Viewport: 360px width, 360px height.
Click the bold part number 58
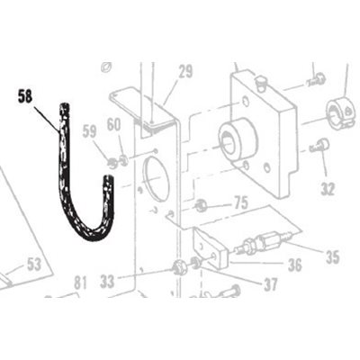click(25, 96)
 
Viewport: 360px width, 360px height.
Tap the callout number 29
click(185, 72)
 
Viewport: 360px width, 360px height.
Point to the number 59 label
click(89, 131)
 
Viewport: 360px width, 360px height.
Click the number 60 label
click(114, 125)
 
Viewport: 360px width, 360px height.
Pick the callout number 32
click(328, 189)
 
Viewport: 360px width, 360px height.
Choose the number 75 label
click(241, 202)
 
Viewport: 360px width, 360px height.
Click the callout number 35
click(332, 256)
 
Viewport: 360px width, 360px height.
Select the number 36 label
click(294, 265)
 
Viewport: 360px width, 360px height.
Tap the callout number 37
click(271, 284)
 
